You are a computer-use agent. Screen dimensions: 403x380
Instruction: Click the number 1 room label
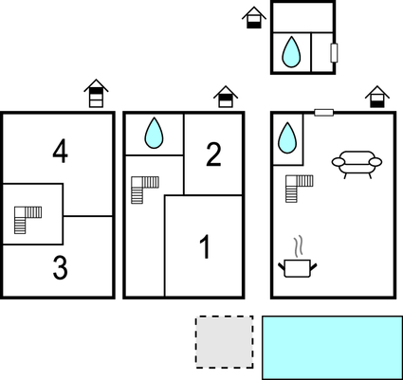pos(206,247)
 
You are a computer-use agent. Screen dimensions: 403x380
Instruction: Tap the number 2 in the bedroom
pos(213,154)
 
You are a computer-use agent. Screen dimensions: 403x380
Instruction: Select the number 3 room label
pos(60,268)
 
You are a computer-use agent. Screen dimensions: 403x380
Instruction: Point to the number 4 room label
pos(60,152)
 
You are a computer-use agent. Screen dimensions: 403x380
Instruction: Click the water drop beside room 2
pos(154,133)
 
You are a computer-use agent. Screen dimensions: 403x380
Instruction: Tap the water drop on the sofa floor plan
pos(287,137)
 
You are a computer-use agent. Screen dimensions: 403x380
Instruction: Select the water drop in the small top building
pos(291,52)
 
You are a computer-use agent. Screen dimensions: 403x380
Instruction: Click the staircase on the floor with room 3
pos(27,220)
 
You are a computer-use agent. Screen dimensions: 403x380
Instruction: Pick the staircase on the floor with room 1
pos(145,190)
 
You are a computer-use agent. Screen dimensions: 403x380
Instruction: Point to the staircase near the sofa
pos(300,189)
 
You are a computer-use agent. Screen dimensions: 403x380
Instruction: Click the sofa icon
pos(357,165)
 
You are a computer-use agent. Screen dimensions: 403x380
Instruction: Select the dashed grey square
pos(225,342)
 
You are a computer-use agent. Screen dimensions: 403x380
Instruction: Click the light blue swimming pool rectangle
pos(333,348)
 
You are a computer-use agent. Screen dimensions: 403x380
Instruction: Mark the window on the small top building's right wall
pos(334,53)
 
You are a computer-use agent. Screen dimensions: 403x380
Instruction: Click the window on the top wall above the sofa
pos(324,113)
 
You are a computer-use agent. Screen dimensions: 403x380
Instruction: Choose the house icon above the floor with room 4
pos(96,93)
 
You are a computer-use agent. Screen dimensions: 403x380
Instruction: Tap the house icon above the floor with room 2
pos(226,97)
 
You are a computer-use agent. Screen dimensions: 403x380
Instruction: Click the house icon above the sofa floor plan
pos(377,97)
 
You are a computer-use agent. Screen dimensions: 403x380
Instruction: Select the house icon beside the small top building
pos(254,17)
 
